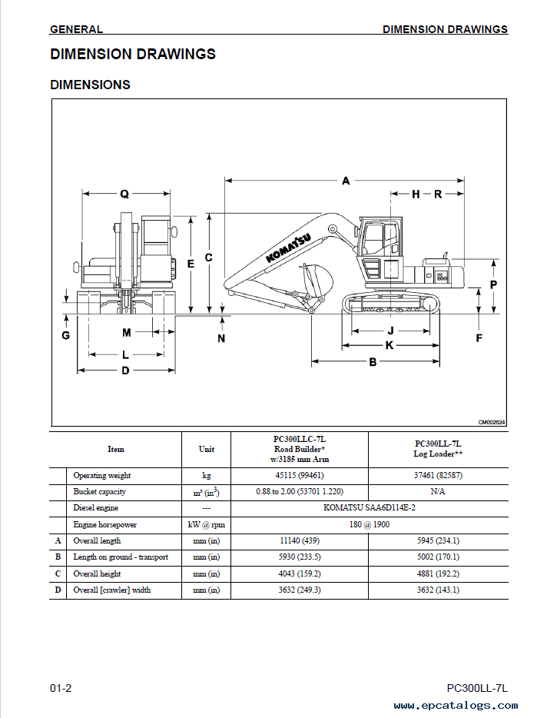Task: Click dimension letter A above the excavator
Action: (346, 181)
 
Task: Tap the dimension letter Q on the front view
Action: (124, 194)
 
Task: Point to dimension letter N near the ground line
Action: (221, 338)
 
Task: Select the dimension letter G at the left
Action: (66, 335)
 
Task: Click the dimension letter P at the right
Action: (493, 285)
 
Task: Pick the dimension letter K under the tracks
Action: (390, 345)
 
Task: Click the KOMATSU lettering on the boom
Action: (288, 248)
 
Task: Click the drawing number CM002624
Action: (492, 422)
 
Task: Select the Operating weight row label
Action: (102, 475)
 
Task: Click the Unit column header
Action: (207, 449)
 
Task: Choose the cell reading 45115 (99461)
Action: (300, 475)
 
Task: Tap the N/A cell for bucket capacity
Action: (438, 491)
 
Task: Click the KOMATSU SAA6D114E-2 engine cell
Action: (370, 507)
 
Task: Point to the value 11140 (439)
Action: (300, 540)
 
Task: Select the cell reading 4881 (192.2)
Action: (438, 573)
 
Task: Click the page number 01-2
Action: (61, 688)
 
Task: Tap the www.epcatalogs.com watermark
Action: (456, 706)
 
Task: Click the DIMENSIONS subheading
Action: (90, 85)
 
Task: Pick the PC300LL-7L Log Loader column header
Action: (438, 449)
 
